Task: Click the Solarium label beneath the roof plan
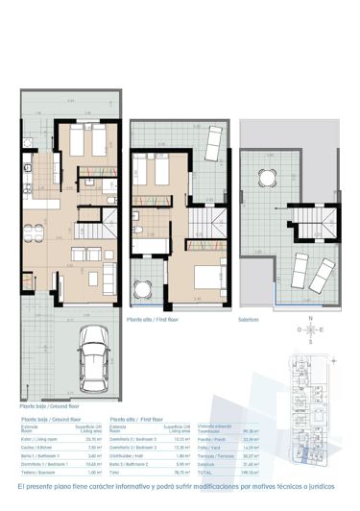[x=250, y=308]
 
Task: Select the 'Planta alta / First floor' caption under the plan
[x=152, y=308]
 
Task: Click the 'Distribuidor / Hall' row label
[x=127, y=457]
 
